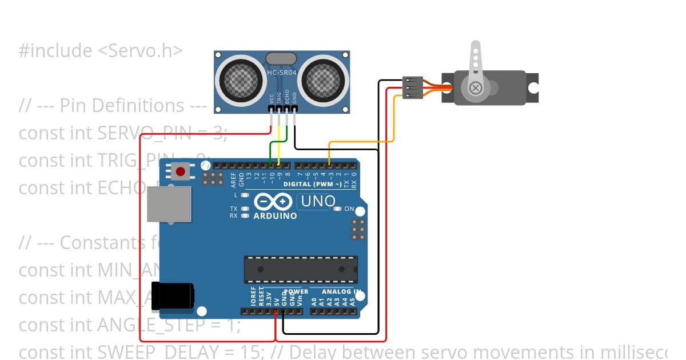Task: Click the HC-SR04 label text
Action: coord(282,72)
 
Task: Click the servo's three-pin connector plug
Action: coord(412,88)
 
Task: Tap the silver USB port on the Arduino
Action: coord(169,204)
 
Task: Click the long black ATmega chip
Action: coord(301,269)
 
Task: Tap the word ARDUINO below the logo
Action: coord(275,216)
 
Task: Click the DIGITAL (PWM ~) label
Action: coord(313,184)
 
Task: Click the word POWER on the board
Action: coord(296,291)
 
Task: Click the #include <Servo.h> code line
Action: coord(101,51)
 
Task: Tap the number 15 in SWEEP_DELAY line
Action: coord(249,351)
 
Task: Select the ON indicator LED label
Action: coord(349,209)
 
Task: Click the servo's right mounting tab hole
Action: coord(533,88)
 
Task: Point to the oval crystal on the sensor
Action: coord(282,58)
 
